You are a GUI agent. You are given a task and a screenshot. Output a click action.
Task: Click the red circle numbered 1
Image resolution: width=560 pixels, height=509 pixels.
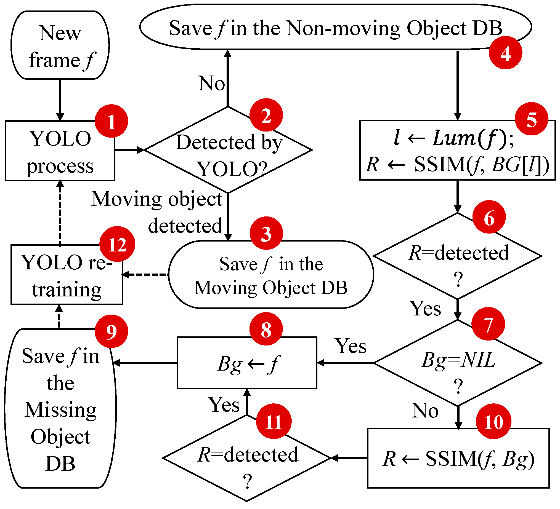coord(112,121)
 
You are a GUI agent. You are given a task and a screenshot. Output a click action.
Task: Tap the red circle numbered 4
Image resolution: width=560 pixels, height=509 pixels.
coord(506,53)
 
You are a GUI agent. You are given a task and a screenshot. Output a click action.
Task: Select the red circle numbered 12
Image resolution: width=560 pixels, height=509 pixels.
coord(117,244)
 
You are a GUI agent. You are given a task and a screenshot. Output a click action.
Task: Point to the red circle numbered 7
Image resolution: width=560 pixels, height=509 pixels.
coord(488,324)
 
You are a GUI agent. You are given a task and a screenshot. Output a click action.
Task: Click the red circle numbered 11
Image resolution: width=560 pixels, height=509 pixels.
coord(274,421)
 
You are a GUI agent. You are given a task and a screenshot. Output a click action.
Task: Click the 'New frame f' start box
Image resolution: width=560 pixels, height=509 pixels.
coord(60,45)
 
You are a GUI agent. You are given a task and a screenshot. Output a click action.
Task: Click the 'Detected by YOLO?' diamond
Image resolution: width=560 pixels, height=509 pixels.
coord(228,150)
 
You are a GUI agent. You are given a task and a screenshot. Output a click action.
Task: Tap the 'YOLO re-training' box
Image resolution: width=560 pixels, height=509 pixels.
coord(67,275)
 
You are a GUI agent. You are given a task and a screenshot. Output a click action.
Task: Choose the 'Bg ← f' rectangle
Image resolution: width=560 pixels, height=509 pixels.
coord(247,363)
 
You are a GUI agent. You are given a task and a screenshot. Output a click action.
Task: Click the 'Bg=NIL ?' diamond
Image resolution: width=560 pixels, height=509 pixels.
coord(458,363)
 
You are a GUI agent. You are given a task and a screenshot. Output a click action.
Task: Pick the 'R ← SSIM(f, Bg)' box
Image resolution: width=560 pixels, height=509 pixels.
coord(458,458)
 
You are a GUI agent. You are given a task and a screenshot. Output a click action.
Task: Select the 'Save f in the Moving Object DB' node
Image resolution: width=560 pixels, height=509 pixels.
coord(271,275)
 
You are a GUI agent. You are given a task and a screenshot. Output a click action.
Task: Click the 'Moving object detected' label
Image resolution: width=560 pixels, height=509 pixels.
coord(157,212)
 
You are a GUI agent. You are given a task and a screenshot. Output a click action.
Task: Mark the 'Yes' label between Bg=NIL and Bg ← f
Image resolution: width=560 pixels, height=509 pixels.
coord(351,346)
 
